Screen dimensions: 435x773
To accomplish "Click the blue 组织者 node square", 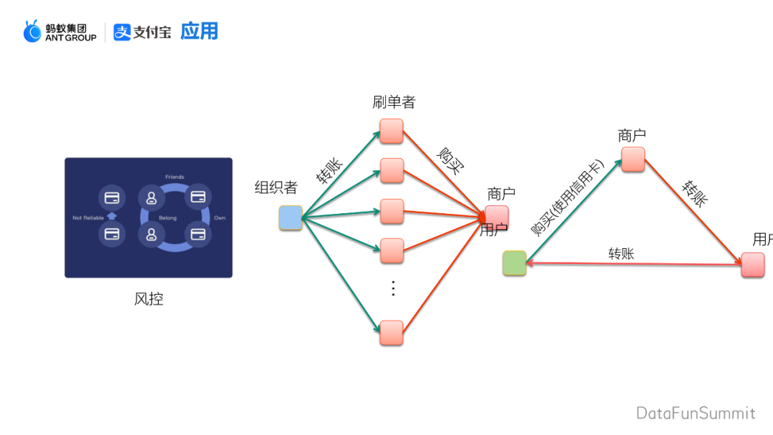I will click(x=291, y=217).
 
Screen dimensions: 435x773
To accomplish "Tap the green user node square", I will click(x=514, y=263).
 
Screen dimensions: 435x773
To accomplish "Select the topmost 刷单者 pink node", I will click(x=392, y=131).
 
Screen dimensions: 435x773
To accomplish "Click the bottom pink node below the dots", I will click(x=392, y=333).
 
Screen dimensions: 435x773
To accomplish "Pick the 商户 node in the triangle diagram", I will click(x=633, y=159).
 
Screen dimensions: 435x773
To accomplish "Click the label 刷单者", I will click(x=394, y=102).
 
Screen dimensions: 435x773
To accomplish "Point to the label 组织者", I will click(x=276, y=187).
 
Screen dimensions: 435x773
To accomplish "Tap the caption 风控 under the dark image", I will click(x=149, y=299).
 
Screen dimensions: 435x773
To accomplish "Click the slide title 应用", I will click(x=199, y=31).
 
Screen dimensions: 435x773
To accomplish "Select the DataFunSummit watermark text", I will click(x=696, y=413).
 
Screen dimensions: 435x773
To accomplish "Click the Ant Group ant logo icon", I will click(x=32, y=31).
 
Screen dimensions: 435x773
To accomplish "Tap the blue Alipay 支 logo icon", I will click(x=122, y=32).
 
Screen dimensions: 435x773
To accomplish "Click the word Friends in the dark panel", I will click(x=175, y=177).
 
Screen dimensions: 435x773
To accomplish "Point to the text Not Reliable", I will click(x=88, y=217).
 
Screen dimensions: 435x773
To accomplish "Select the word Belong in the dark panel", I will click(x=168, y=218).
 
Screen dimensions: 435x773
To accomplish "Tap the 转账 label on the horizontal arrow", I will click(x=621, y=253).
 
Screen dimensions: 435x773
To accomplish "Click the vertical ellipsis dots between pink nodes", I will click(x=392, y=288).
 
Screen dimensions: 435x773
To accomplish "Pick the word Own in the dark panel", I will click(x=220, y=217).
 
